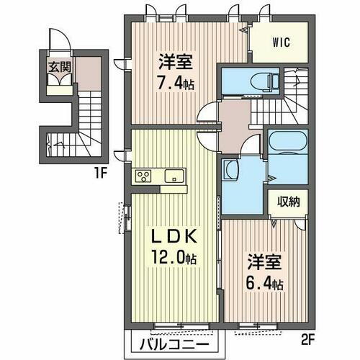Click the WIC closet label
[x=281, y=42]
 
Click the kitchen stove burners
[x=142, y=176]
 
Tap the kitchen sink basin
[x=174, y=176]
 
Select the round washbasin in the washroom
[x=232, y=171]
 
